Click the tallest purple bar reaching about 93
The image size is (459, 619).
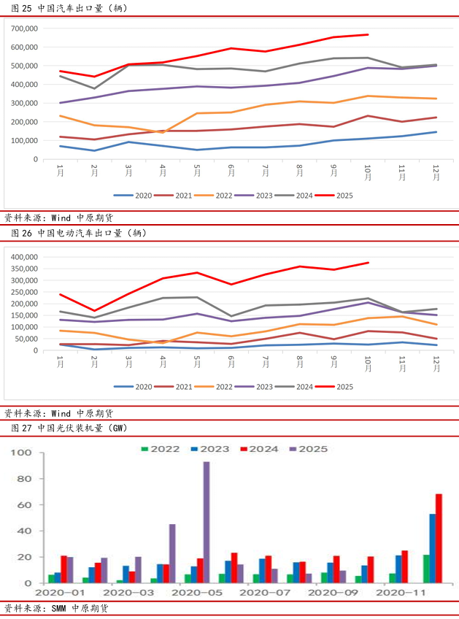(207, 522)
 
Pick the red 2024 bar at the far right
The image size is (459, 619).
(439, 538)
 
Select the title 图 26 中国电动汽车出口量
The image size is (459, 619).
(80, 234)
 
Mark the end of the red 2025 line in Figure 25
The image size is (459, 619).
(367, 34)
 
